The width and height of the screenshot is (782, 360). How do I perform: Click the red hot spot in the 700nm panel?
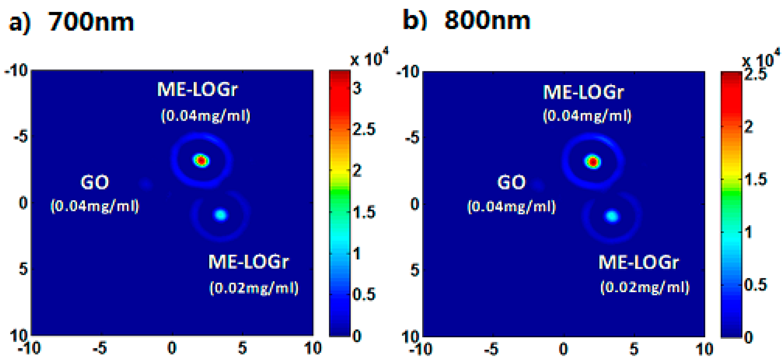201,161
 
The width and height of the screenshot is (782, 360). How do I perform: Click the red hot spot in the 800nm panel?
593,162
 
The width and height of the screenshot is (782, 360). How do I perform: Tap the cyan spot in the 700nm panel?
221,214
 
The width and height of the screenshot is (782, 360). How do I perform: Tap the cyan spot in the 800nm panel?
612,216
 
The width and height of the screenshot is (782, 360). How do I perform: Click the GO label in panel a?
95,182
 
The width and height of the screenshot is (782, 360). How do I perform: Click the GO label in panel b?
511,182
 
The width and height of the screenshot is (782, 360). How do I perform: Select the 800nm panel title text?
487,21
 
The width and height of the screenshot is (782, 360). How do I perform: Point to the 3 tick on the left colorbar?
357,89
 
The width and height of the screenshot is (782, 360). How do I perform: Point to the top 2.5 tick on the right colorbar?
755,75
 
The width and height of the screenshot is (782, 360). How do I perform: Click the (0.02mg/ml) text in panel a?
254,288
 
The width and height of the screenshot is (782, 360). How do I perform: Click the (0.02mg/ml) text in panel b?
645,288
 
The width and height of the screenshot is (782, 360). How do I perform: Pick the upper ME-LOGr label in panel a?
197,90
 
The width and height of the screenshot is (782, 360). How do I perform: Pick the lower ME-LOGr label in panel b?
639,263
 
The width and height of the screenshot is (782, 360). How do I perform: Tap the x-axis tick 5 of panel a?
243,348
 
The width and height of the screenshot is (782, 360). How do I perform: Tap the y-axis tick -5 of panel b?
412,138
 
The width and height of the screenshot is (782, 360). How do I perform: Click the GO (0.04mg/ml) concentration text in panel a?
95,206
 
